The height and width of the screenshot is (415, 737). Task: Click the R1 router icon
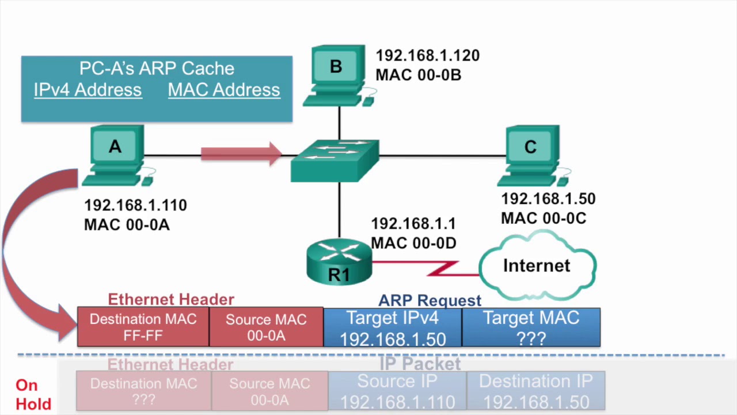tap(339, 263)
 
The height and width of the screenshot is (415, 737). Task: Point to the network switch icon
tap(335, 160)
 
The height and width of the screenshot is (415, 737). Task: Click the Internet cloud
tap(537, 266)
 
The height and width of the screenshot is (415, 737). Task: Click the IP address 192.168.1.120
tap(427, 56)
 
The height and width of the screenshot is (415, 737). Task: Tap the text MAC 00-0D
tap(413, 243)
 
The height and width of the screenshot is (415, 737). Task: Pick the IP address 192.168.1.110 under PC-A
tap(135, 205)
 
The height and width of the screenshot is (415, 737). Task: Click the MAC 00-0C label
tap(543, 218)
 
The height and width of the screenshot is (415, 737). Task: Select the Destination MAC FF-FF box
tap(143, 327)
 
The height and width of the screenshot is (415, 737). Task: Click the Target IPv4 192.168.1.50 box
tap(393, 327)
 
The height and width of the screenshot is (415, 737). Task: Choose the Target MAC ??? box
tap(531, 327)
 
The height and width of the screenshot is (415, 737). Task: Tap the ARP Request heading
tap(430, 300)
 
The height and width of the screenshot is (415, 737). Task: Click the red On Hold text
tap(33, 395)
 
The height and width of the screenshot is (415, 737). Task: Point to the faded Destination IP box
tap(535, 391)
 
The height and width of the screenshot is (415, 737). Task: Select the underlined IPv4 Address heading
tap(88, 90)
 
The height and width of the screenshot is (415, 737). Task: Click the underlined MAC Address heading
tap(224, 90)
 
